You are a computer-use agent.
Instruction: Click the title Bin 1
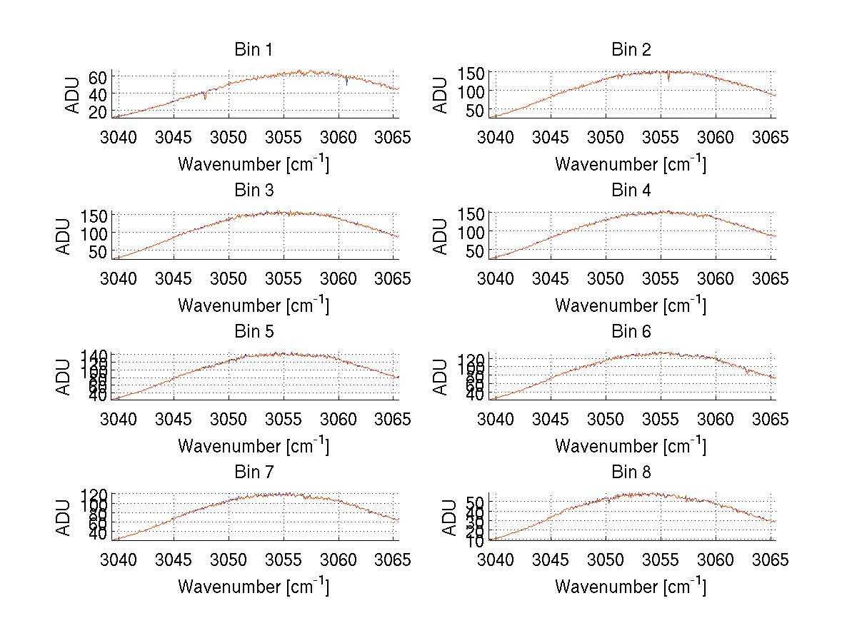point(254,50)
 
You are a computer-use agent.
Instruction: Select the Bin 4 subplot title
point(631,191)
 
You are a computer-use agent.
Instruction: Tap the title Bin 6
point(631,331)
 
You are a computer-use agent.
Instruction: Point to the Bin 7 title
point(254,472)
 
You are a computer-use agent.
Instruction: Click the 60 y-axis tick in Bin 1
point(98,76)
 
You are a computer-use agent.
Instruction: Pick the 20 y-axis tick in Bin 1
point(98,111)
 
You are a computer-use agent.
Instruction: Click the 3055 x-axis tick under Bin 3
point(284,278)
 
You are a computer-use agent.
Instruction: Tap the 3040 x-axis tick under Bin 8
point(495,560)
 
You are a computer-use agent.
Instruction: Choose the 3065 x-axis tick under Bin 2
point(771,137)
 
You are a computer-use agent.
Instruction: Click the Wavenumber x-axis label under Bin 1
point(254,163)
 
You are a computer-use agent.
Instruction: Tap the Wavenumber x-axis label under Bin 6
point(631,445)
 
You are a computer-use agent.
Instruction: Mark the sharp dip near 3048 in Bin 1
point(205,96)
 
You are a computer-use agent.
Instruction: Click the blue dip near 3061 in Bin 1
point(346,82)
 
